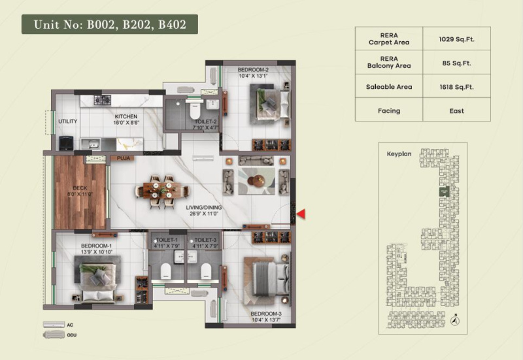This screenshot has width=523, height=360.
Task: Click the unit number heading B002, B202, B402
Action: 109,25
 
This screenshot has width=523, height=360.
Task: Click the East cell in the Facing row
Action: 456,110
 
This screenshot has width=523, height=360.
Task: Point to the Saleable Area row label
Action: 388,86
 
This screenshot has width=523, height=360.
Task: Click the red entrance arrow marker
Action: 301,214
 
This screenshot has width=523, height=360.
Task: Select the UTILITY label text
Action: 67,122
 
